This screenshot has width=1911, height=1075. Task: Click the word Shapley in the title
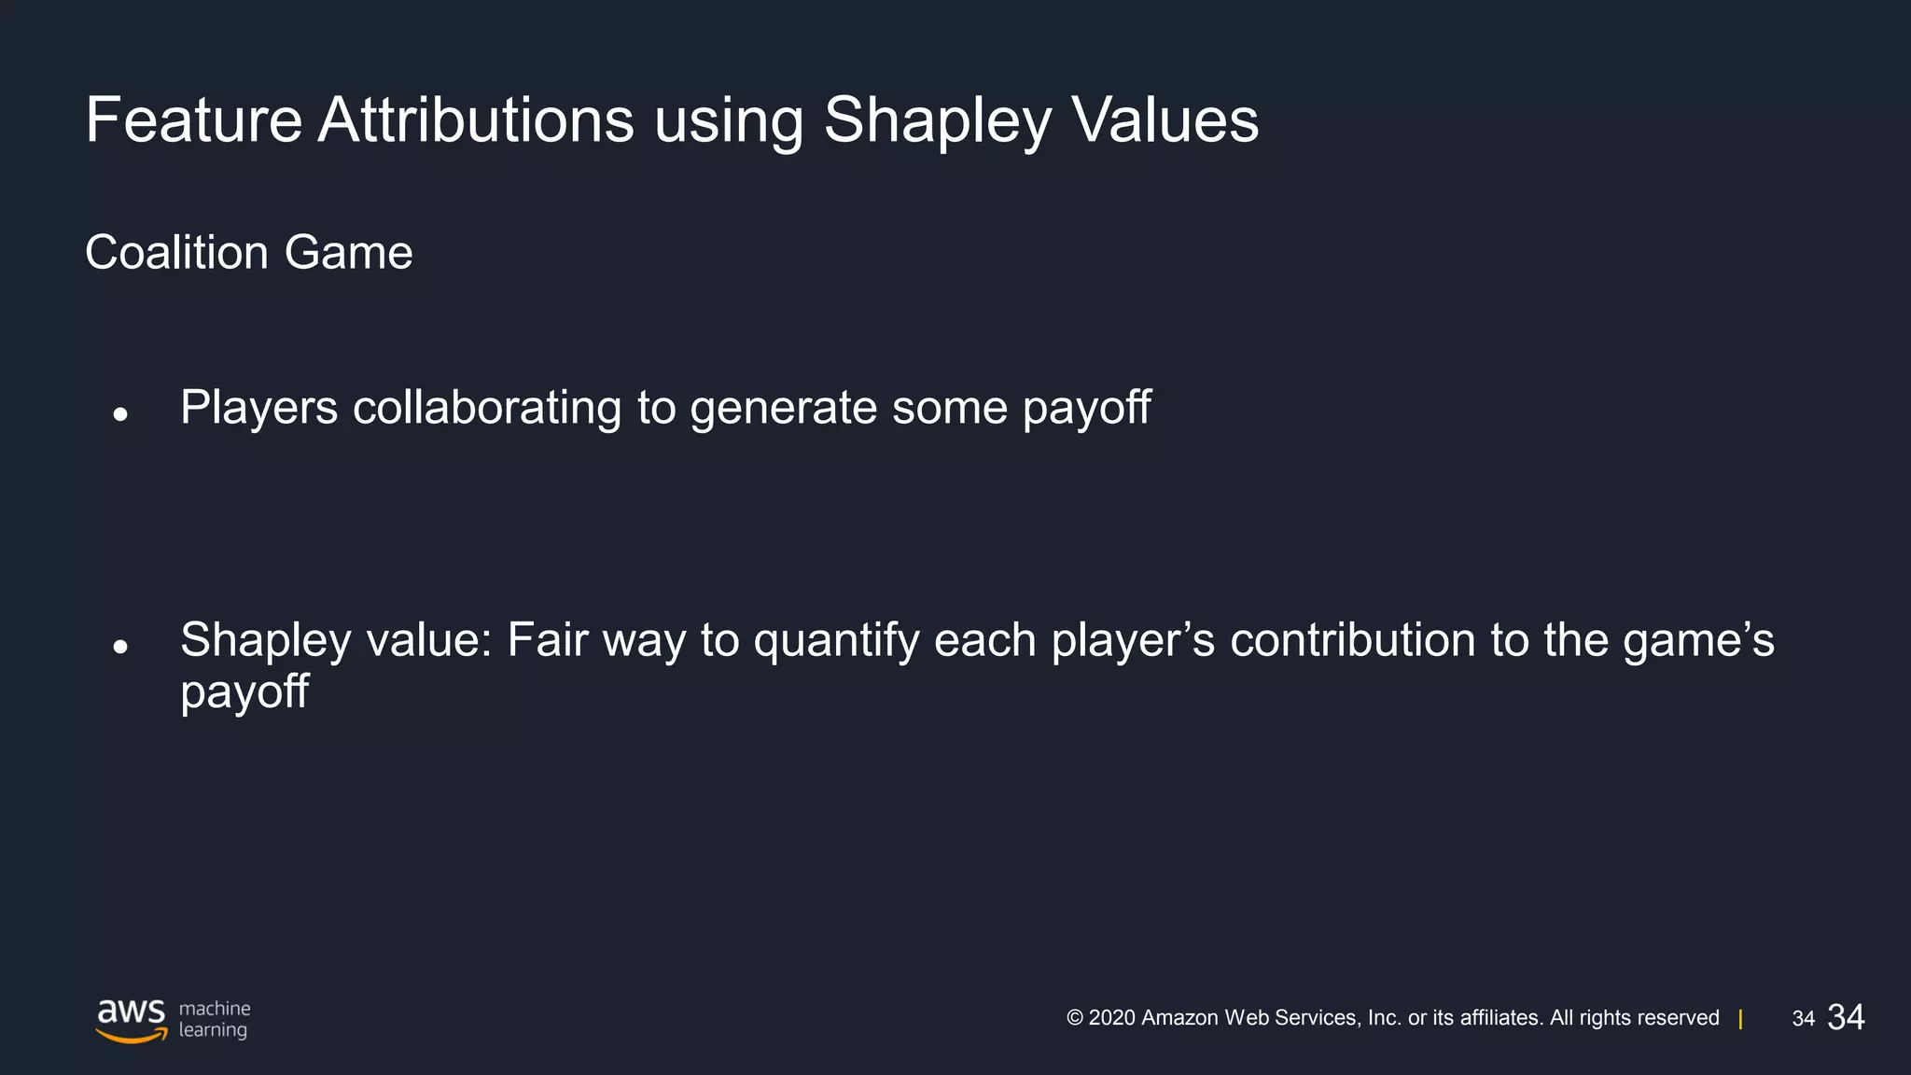pyautogui.click(x=937, y=121)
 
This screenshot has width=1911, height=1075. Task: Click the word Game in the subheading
pyautogui.click(x=348, y=252)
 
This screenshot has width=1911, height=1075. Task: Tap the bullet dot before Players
pyautogui.click(x=119, y=413)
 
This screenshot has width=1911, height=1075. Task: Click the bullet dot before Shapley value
pyautogui.click(x=119, y=646)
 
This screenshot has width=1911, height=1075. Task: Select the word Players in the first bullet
pyautogui.click(x=258, y=408)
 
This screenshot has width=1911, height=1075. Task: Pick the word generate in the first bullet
pyautogui.click(x=783, y=408)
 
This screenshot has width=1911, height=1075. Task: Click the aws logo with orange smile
pyautogui.click(x=132, y=1020)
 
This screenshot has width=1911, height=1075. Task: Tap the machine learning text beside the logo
pyautogui.click(x=214, y=1019)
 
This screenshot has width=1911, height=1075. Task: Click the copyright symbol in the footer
pyautogui.click(x=1075, y=1018)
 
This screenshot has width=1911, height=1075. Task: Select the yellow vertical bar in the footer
pyautogui.click(x=1740, y=1019)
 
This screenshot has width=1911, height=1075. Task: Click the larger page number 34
pyautogui.click(x=1846, y=1017)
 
